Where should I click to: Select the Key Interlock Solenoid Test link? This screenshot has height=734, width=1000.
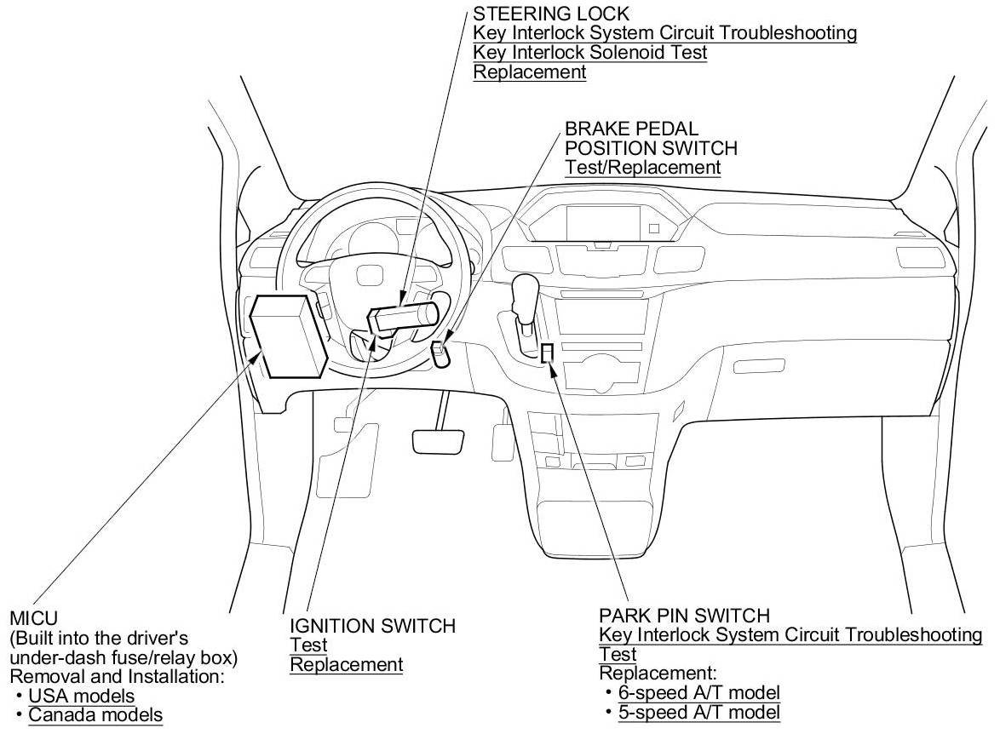tap(590, 53)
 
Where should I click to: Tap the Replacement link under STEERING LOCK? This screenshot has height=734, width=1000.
tap(530, 72)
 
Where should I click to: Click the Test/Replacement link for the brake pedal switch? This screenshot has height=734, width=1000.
tap(642, 167)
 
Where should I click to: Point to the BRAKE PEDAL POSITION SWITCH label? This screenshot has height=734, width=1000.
tap(651, 138)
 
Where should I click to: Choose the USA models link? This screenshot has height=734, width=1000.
tap(82, 697)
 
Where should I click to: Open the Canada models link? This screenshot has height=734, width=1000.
tap(95, 715)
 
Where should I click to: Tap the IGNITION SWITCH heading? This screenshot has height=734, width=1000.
tap(373, 627)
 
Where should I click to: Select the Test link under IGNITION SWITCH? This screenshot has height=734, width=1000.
tap(308, 645)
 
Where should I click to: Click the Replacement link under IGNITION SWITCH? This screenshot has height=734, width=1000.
tap(346, 664)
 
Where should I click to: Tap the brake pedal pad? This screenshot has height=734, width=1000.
tap(438, 441)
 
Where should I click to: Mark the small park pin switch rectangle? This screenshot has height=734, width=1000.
tap(549, 352)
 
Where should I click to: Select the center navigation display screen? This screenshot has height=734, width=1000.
tap(602, 223)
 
